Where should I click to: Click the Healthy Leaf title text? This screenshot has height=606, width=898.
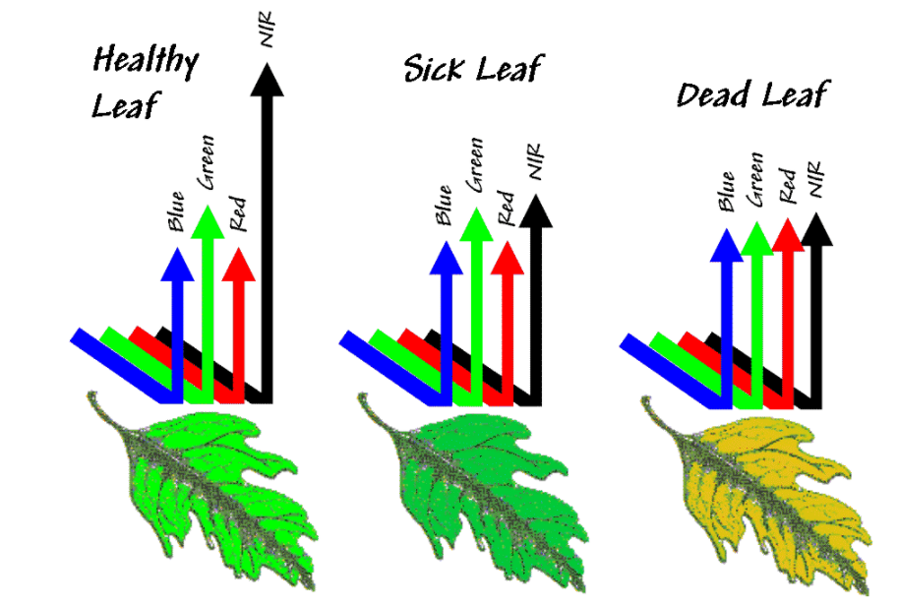click(146, 82)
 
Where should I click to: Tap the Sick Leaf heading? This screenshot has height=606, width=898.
click(474, 68)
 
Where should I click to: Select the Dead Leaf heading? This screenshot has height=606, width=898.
click(753, 94)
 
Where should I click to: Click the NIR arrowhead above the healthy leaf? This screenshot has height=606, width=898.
click(268, 80)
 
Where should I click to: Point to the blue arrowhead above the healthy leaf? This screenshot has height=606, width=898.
click(178, 264)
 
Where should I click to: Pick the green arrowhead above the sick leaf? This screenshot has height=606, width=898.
click(476, 224)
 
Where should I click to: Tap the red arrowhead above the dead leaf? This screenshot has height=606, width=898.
click(789, 235)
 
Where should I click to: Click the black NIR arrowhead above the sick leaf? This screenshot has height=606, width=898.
click(535, 211)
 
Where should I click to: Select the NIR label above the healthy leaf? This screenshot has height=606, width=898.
click(267, 29)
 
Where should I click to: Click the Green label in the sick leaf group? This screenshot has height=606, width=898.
click(475, 165)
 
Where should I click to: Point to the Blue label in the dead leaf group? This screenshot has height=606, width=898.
click(726, 191)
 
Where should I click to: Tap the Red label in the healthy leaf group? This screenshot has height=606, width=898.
click(237, 213)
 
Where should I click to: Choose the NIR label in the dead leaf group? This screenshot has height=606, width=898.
click(815, 179)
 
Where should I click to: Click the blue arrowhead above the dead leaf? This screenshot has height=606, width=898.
click(727, 245)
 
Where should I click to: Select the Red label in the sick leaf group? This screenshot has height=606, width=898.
click(507, 208)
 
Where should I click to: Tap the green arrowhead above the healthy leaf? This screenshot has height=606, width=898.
click(208, 221)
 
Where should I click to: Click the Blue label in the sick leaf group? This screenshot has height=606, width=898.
click(444, 205)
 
